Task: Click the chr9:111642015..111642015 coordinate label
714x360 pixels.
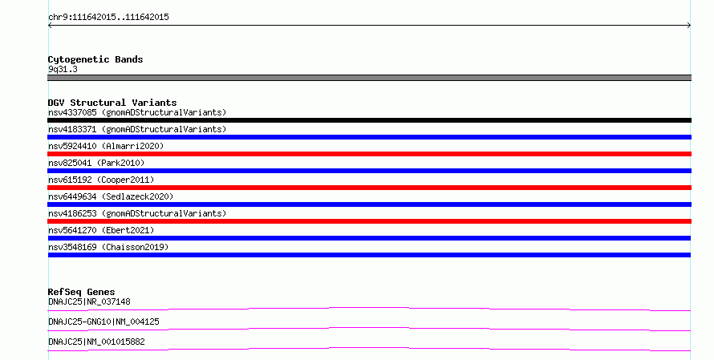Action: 108,18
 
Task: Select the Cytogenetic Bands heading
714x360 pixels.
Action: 95,59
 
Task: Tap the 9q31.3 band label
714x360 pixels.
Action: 63,69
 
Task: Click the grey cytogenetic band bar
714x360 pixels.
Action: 369,78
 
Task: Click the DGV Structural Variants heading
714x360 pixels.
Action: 112,103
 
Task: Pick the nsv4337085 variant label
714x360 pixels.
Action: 137,112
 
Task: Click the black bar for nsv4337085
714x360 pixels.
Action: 369,120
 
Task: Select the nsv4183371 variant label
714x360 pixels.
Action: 137,129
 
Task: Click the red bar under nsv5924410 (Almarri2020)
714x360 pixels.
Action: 369,154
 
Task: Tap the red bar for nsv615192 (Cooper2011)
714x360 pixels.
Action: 369,188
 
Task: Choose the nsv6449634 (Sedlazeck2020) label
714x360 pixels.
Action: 111,196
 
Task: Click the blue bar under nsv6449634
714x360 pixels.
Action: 369,204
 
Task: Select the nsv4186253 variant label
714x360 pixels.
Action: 137,213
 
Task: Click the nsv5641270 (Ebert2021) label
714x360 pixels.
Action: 101,230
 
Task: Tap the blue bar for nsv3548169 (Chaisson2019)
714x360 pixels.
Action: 369,255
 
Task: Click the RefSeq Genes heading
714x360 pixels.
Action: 81,292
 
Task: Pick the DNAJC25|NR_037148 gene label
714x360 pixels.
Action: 89,301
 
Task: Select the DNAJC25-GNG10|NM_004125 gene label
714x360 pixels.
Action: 103,322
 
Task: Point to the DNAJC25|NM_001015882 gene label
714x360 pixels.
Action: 96,342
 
